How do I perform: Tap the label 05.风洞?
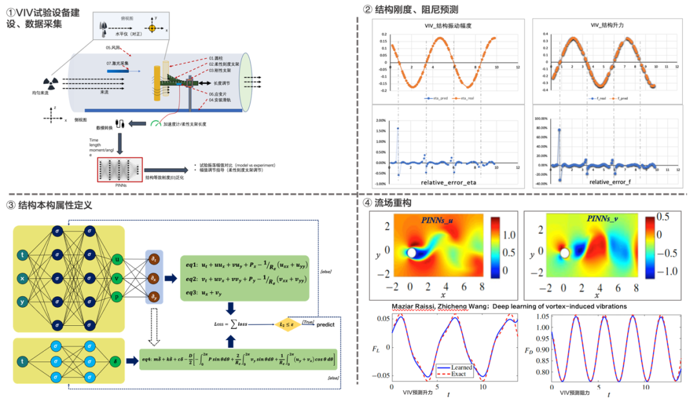pyautogui.click(x=114, y=47)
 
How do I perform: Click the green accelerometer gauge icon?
pyautogui.click(x=156, y=123)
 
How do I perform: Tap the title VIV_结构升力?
pyautogui.click(x=606, y=25)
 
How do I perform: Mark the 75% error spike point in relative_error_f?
pyautogui.click(x=559, y=130)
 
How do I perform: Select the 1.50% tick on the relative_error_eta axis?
pyautogui.click(x=379, y=129)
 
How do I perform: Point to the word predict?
pyautogui.click(x=326, y=325)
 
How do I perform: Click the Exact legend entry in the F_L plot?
pyautogui.click(x=456, y=374)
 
